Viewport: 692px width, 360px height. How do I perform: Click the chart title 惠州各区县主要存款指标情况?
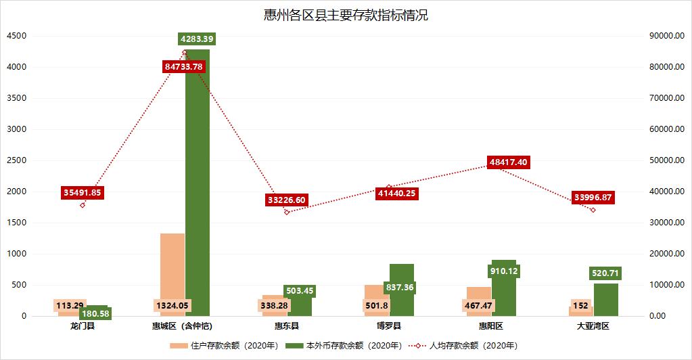pyautogui.click(x=346, y=16)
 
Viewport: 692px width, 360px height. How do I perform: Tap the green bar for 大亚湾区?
pyautogui.click(x=606, y=301)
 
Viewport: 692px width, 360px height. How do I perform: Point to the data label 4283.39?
pyautogui.click(x=201, y=39)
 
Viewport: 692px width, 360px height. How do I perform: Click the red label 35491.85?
pyautogui.click(x=83, y=192)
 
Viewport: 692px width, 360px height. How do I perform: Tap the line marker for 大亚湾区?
pyautogui.click(x=593, y=210)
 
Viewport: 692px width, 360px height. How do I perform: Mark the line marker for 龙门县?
pyautogui.click(x=83, y=205)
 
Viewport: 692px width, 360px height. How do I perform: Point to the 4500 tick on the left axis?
pyautogui.click(x=17, y=36)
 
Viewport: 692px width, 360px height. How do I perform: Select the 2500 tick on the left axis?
pyautogui.click(x=17, y=160)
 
